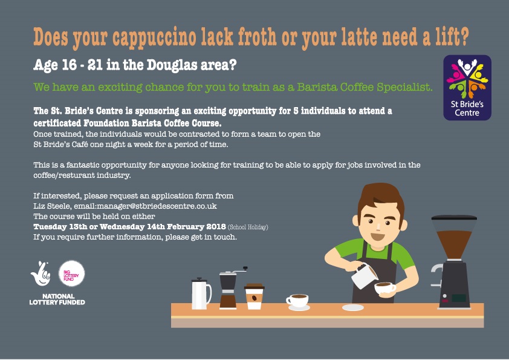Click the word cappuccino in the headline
click(x=155, y=38)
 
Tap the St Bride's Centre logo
click(x=467, y=88)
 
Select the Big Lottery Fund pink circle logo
click(x=71, y=273)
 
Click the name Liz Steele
click(x=52, y=206)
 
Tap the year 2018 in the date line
click(x=216, y=226)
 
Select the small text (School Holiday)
click(x=248, y=227)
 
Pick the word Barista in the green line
click(x=317, y=87)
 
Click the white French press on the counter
click(x=201, y=293)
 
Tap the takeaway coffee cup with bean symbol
click(x=254, y=296)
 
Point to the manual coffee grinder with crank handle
click(x=230, y=288)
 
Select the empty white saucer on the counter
click(x=353, y=307)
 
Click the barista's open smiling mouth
click(x=378, y=236)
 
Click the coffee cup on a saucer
click(x=297, y=301)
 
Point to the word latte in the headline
click(x=359, y=36)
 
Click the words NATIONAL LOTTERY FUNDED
click(x=57, y=299)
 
